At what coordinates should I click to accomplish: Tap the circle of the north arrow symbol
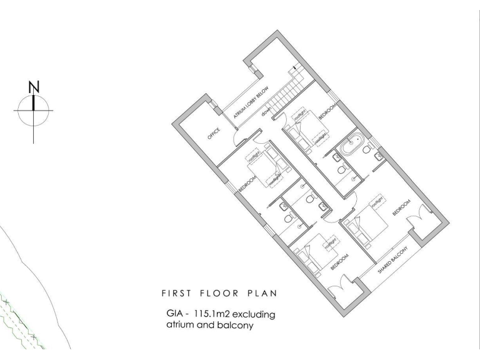[x=34, y=111]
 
